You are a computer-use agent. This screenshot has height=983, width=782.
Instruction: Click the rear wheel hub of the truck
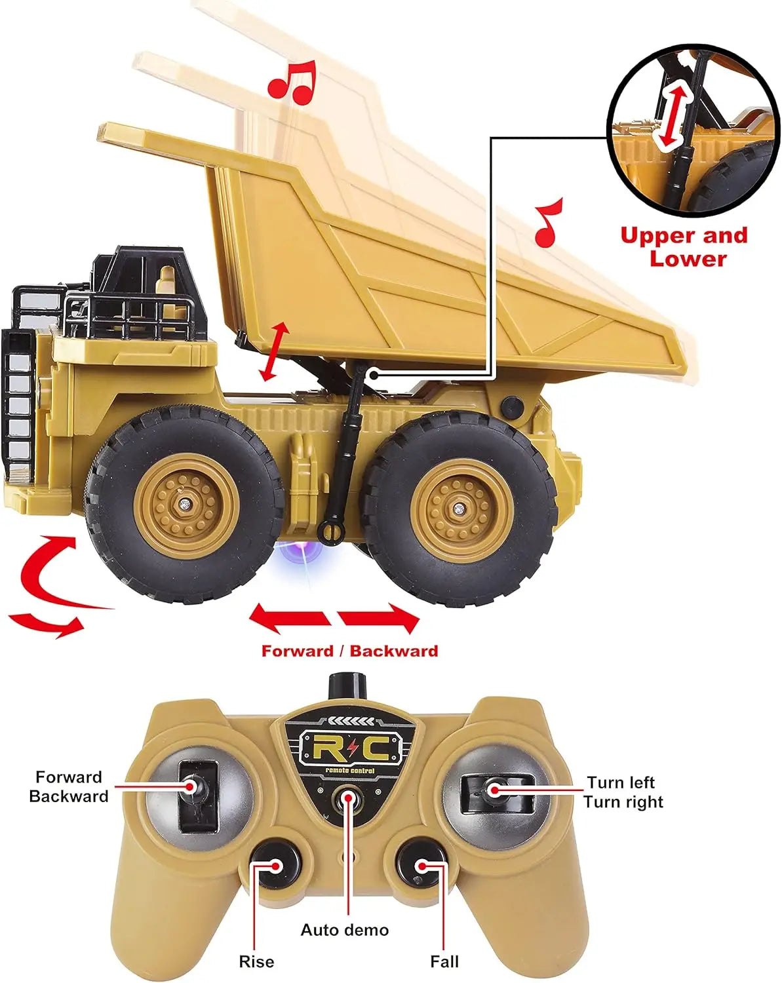click(x=461, y=508)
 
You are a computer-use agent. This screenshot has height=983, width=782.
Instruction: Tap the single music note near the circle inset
click(x=549, y=223)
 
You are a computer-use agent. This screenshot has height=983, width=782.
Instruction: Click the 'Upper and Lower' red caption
click(x=685, y=246)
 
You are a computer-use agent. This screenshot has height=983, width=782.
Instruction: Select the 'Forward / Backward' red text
click(x=349, y=651)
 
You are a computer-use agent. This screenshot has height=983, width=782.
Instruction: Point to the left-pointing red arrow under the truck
click(x=289, y=618)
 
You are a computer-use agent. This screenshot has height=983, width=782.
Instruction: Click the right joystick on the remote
click(x=493, y=790)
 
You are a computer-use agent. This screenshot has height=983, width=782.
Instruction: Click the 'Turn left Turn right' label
click(x=623, y=792)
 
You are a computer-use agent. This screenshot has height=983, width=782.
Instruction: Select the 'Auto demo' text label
click(x=345, y=930)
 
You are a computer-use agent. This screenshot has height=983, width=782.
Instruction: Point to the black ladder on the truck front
click(x=18, y=400)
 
